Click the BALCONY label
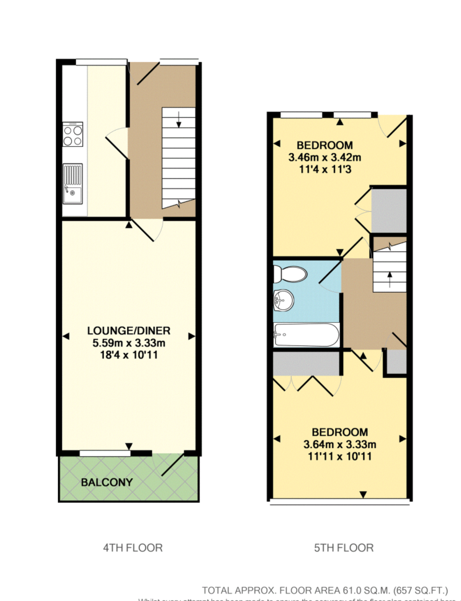click(107, 482)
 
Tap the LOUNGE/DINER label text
click(129, 331)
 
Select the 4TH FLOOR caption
click(133, 548)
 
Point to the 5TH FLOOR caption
click(344, 548)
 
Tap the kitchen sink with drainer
click(73, 183)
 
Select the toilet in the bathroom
click(289, 274)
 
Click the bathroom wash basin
click(284, 300)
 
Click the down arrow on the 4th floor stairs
click(179, 120)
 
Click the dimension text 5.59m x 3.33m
click(129, 343)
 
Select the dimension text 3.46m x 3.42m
click(325, 157)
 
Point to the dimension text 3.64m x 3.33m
click(340, 444)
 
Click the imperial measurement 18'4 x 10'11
click(129, 355)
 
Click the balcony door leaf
click(173, 464)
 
